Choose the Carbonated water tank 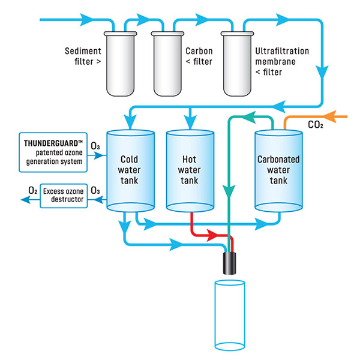pyautogui.click(x=278, y=171)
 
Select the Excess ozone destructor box pyautogui.click(x=63, y=196)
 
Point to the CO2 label pyautogui.click(x=315, y=126)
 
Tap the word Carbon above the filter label pyautogui.click(x=200, y=52)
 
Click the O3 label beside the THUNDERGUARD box pyautogui.click(x=95, y=146)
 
